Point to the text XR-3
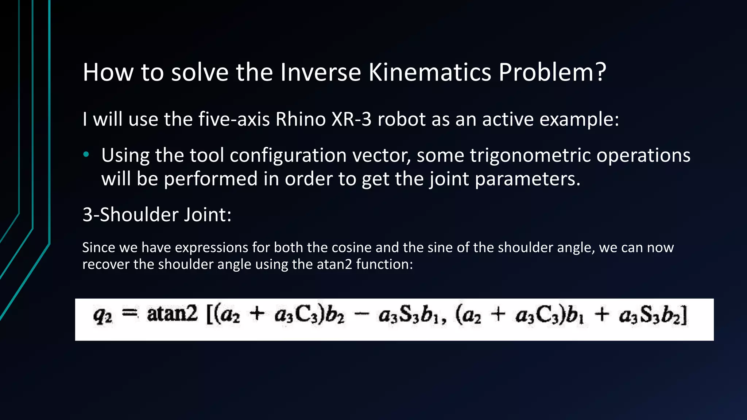click(351, 119)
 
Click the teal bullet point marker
click(86, 155)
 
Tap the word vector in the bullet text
click(386, 156)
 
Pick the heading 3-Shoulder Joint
click(157, 214)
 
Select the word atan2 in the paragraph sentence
click(334, 264)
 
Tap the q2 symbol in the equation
click(102, 316)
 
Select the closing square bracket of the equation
click(685, 315)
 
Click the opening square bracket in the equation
click(209, 315)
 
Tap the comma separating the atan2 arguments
click(444, 321)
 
